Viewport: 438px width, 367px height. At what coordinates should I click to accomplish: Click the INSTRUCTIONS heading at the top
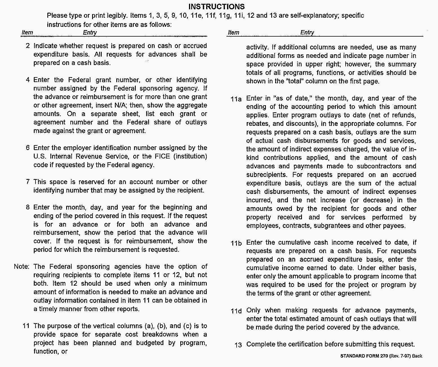[x=216, y=7]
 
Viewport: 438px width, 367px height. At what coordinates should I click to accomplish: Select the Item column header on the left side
[x=27, y=32]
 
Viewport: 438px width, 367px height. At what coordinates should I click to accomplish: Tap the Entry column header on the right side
[x=307, y=32]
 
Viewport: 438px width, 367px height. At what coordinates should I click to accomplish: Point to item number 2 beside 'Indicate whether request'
[x=28, y=46]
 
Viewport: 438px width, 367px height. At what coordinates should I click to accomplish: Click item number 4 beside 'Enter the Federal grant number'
[x=28, y=80]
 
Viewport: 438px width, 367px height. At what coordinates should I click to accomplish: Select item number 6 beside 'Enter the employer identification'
[x=28, y=148]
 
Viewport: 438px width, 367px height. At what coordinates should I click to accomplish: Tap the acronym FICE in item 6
[x=162, y=156]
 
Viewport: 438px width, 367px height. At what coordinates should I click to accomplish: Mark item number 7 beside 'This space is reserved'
[x=28, y=182]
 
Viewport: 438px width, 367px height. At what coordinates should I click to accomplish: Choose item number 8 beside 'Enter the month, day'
[x=28, y=207]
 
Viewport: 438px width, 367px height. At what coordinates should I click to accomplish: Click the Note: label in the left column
[x=21, y=267]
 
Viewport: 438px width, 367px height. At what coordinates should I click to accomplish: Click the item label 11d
[x=236, y=311]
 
